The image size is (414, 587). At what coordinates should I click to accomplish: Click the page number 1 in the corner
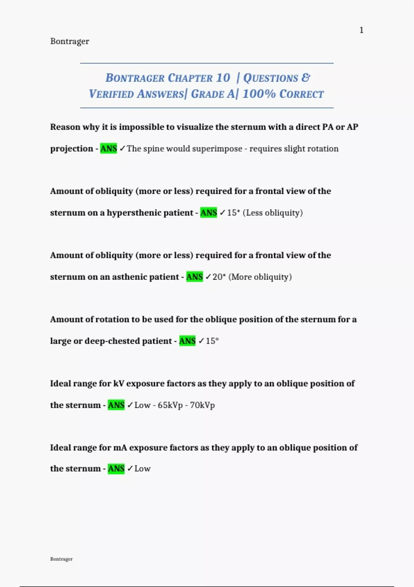361,30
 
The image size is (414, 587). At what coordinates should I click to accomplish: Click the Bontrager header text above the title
70,41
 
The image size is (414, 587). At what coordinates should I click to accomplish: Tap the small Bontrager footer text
61,559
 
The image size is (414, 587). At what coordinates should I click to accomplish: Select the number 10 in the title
223,78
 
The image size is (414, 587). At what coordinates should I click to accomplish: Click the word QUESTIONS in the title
271,78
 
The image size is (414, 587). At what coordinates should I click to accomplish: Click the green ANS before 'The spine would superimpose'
109,148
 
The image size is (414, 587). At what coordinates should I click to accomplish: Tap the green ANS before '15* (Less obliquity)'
209,213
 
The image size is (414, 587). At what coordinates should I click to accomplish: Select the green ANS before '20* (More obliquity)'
195,277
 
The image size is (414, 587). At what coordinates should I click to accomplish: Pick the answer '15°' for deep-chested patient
212,341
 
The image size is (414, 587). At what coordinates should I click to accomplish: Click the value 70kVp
202,405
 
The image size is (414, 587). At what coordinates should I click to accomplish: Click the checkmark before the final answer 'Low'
130,469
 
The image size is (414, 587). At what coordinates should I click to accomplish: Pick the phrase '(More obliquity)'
260,277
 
